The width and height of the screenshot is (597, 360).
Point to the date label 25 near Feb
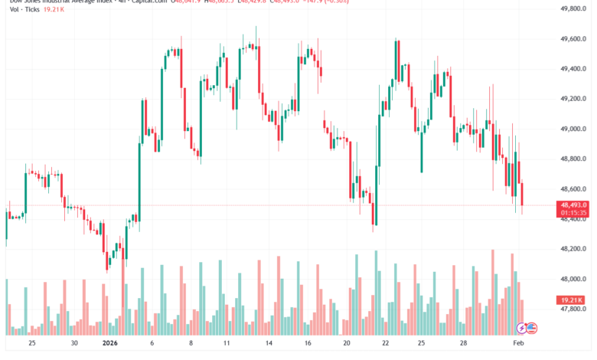420,344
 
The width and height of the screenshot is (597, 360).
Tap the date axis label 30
73,344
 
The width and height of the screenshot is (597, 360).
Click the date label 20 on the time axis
347,344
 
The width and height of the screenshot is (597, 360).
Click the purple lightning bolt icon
521,328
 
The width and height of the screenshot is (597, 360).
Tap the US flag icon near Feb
532,328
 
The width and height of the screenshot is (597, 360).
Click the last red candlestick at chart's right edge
522,195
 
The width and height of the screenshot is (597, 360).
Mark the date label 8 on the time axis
191,344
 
